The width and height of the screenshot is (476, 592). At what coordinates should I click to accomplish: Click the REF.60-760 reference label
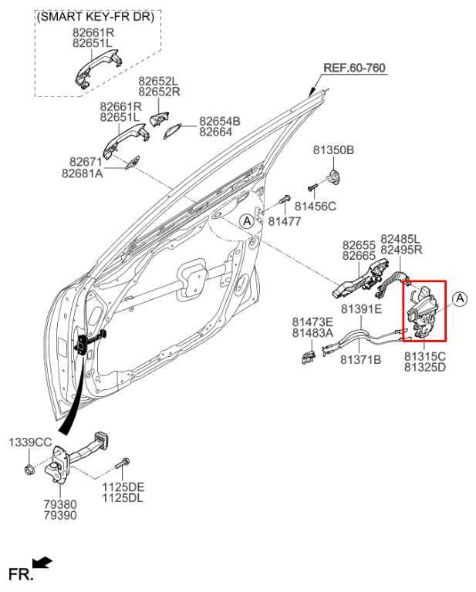click(x=353, y=68)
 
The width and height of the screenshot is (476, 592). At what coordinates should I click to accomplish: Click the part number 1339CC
click(x=30, y=442)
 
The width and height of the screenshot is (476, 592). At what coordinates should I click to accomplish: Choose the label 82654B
click(x=220, y=121)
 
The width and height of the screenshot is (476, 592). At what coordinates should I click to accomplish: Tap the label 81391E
click(x=361, y=309)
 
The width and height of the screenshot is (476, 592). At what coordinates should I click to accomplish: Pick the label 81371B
click(x=361, y=359)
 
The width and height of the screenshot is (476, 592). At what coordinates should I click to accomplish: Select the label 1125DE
click(x=123, y=487)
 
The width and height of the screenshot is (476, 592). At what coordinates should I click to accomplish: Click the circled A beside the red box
click(x=459, y=298)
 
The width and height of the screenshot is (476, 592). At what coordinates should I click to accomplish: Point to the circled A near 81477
click(x=247, y=220)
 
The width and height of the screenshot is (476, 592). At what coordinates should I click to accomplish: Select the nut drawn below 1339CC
click(x=29, y=469)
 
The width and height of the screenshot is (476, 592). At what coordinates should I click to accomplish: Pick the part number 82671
click(x=85, y=162)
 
